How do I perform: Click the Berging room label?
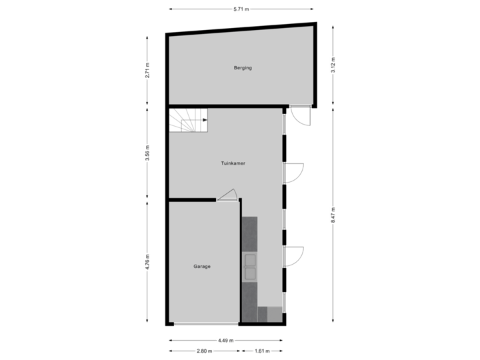(x=242, y=68)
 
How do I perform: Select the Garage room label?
(x=202, y=266)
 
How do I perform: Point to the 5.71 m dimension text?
(x=241, y=9)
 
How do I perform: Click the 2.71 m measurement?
(x=147, y=71)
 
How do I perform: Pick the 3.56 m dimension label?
(x=147, y=153)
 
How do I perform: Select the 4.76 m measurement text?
(x=147, y=261)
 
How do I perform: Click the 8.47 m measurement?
(x=333, y=215)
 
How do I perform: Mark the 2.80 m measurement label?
(x=204, y=351)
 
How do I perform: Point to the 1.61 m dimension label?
(x=262, y=351)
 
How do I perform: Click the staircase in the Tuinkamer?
(x=188, y=121)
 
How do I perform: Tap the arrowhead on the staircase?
(x=204, y=121)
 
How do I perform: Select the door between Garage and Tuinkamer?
(x=227, y=195)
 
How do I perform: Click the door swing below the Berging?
(x=301, y=117)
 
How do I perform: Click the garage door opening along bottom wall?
(x=203, y=324)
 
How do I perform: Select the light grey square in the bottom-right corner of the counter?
(x=274, y=314)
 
